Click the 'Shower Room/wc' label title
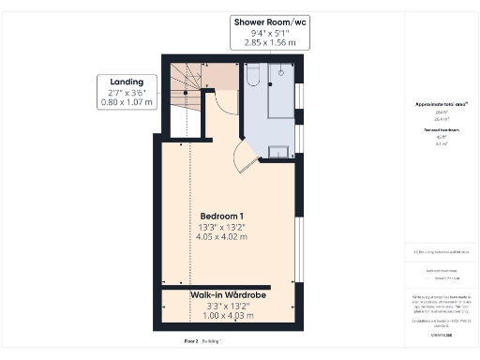pos(269,21)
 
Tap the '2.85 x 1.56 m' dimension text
pos(269,43)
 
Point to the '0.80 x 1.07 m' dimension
pos(125,101)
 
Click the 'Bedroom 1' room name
pos(222,215)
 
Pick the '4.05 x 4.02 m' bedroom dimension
pos(222,237)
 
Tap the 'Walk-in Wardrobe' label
pos(229,295)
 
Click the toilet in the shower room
pos(251,82)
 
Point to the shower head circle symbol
pos(281,70)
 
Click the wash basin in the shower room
pos(279,153)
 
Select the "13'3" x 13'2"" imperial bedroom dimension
pos(222,226)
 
